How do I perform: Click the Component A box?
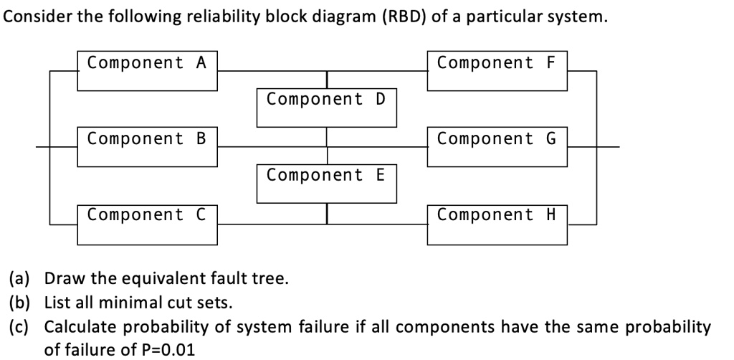[x=147, y=70]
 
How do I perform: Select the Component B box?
[x=147, y=146]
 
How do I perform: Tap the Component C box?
[x=147, y=222]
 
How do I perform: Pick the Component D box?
[x=326, y=108]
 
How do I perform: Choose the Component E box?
[x=326, y=183]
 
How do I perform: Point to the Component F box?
[x=497, y=70]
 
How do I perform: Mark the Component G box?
[x=497, y=146]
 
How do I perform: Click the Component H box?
[x=497, y=222]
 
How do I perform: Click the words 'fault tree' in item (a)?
[x=255, y=278]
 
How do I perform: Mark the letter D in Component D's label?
[x=380, y=100]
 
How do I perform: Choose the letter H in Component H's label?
[x=550, y=214]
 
